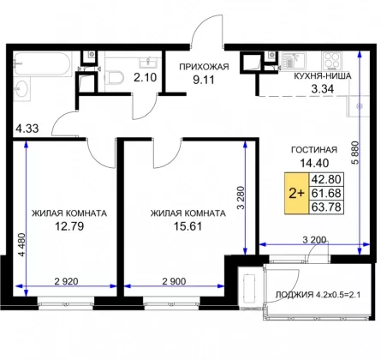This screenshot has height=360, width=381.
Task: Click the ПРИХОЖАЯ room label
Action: pos(204,67)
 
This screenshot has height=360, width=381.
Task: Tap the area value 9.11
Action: pos(204,80)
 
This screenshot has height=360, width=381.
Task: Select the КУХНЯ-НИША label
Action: pos(323,76)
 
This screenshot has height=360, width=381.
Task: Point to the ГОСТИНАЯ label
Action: pos(314,150)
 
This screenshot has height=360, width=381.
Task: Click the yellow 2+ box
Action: pos(297,194)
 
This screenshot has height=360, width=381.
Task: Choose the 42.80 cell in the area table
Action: pos(326,179)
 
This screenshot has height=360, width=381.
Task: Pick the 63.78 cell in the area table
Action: pos(326,207)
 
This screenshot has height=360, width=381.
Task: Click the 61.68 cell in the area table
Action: pos(326,193)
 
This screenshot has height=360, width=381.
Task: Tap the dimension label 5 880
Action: pos(355,153)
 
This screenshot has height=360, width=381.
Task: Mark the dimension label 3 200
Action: pos(314,240)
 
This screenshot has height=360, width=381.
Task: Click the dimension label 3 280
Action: pos(241,198)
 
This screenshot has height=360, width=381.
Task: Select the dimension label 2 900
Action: pos(174,281)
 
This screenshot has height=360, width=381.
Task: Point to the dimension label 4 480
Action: pos(22,245)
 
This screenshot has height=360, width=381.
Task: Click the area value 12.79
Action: pos(69,226)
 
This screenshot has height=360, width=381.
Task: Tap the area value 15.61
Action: pos(188,226)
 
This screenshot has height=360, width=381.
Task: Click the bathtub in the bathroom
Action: pos(43,64)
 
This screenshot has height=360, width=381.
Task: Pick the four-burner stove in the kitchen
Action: pos(331,62)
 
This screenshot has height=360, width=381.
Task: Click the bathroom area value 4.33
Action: pos(27,129)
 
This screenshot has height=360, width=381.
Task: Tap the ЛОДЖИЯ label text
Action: pos(295,295)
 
